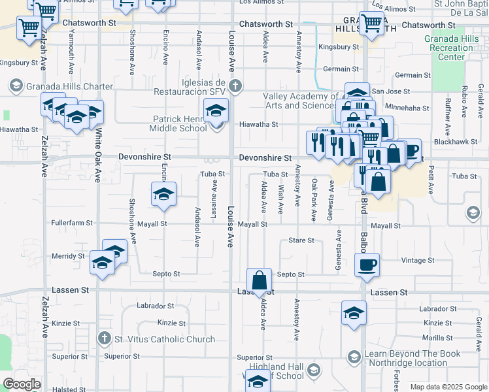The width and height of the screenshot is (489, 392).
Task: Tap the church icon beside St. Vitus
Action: [x=103, y=338]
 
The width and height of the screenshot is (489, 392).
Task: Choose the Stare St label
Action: [x=301, y=240]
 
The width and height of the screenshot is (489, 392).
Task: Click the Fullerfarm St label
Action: [x=72, y=223]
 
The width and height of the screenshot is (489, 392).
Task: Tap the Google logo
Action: [x=22, y=384]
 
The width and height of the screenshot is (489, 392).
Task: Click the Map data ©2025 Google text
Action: [x=448, y=387]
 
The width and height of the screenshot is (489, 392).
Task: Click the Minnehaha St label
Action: [x=407, y=108]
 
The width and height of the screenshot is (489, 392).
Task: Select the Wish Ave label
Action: [x=280, y=199]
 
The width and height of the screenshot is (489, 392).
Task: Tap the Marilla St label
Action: [x=438, y=338]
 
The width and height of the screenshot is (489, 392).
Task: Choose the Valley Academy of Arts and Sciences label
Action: [x=300, y=101]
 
